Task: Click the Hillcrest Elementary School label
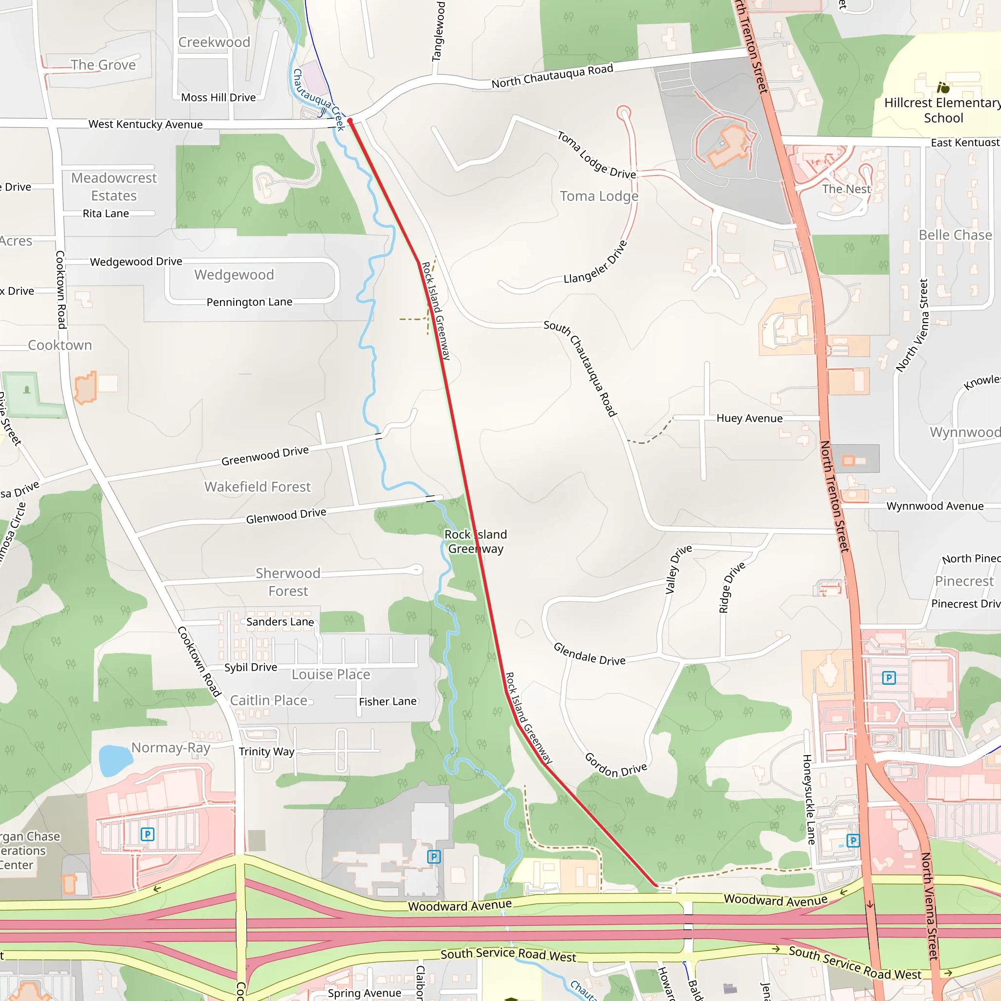[x=942, y=110]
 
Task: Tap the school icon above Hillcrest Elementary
[x=943, y=87]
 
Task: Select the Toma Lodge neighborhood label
[x=599, y=196]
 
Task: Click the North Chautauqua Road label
[x=552, y=76]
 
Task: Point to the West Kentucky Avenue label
[x=146, y=124]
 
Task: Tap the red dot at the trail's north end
[x=350, y=121]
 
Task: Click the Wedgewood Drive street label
[x=136, y=261]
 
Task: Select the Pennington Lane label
[x=249, y=302]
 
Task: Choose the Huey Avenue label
[x=749, y=418]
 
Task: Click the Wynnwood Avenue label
[x=935, y=506]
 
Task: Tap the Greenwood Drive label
[x=265, y=456]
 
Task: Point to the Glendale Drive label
[x=589, y=654]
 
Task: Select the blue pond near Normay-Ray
[x=115, y=760]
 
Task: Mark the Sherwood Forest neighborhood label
[x=288, y=582]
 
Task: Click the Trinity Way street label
[x=266, y=751]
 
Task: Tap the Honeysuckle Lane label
[x=808, y=800]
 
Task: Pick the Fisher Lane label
[x=388, y=701]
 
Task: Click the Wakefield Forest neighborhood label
[x=258, y=487]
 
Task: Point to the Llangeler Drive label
[x=596, y=262]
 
